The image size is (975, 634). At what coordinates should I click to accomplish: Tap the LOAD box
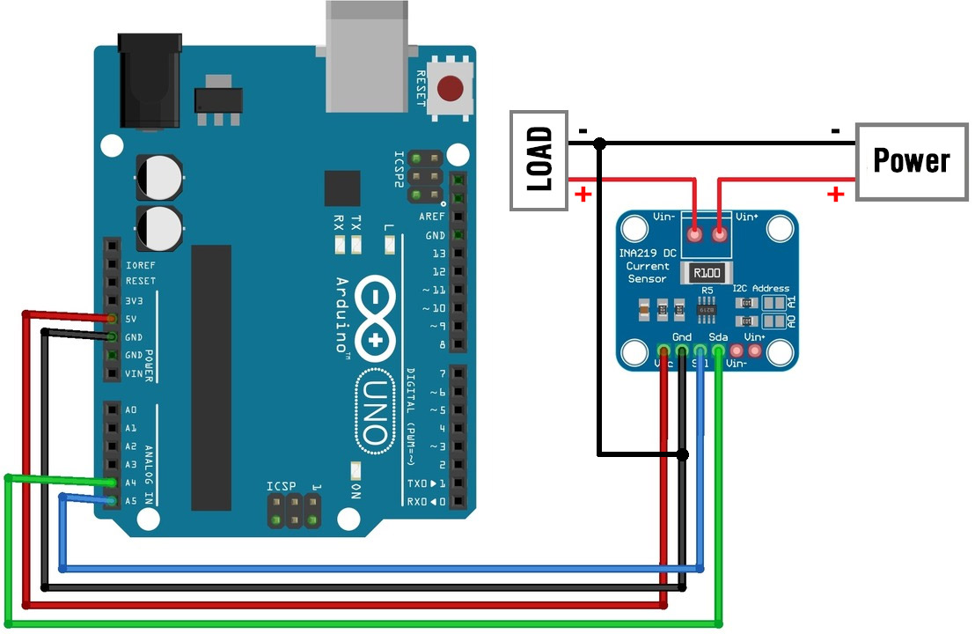coord(539,160)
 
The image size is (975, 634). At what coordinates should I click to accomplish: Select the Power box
coord(911,160)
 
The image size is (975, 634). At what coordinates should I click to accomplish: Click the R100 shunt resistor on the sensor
coord(707,273)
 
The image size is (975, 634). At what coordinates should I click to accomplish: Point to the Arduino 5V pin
coord(112,318)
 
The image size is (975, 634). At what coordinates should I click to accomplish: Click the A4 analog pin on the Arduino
coord(112,483)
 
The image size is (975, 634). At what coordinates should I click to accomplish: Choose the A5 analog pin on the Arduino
coord(112,501)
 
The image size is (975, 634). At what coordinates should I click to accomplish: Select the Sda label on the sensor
coord(718,337)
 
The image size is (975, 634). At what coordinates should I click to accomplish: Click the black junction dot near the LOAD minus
coord(599,143)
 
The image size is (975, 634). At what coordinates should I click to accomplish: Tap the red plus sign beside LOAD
coord(583,194)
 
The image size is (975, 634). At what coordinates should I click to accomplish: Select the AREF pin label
coord(432,217)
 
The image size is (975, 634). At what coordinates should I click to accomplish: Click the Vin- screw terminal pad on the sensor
coord(696,236)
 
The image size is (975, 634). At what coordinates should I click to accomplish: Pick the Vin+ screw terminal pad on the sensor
coord(719,236)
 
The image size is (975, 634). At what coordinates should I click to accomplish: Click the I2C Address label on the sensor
coord(762,288)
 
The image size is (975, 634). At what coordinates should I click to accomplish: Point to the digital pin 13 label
coord(437,254)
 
